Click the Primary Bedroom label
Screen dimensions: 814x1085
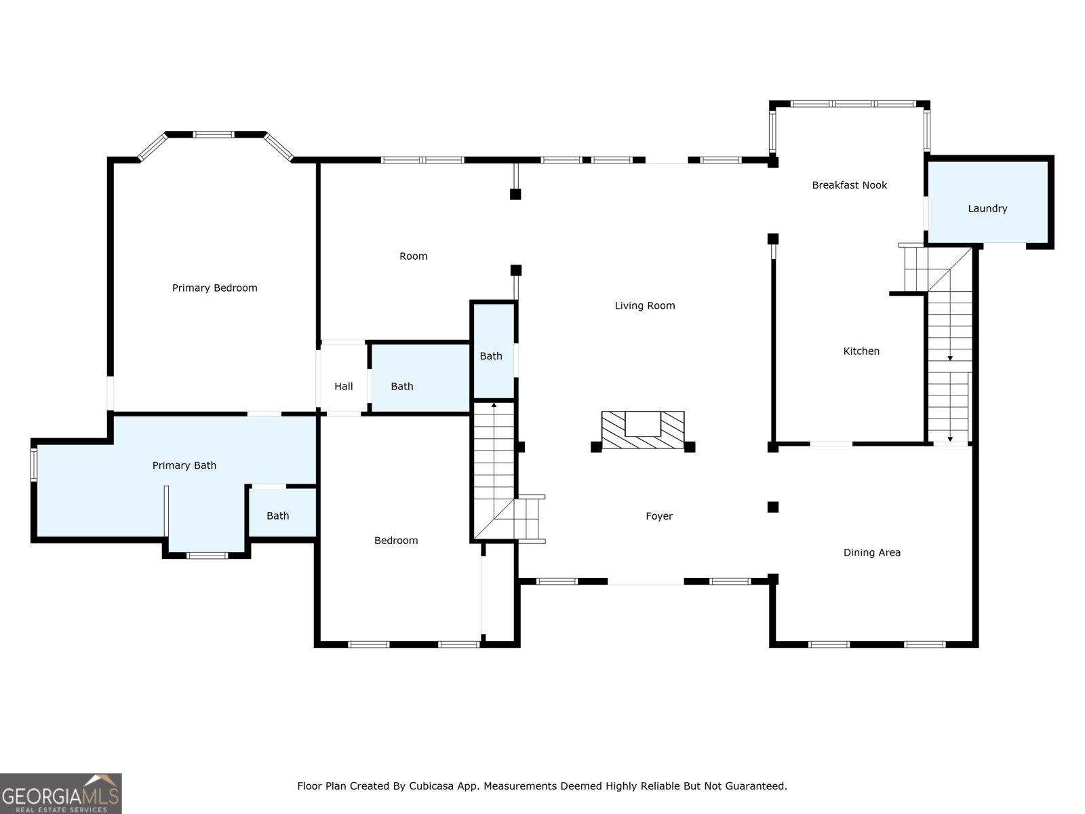pos(214,288)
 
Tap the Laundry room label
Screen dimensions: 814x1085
pos(987,209)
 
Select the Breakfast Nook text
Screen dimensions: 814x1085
pos(849,185)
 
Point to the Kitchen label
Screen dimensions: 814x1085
pos(861,351)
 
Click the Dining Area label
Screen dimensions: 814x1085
pos(871,553)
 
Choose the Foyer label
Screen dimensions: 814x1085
pos(659,516)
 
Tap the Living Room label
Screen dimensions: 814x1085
pos(644,306)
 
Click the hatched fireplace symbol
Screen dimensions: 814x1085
pos(643,430)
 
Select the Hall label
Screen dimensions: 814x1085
pos(343,387)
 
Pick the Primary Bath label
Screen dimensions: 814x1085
pos(184,465)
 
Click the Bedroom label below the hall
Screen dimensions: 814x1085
pos(396,541)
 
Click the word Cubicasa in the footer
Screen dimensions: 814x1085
pos(432,786)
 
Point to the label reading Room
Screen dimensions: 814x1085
pos(413,256)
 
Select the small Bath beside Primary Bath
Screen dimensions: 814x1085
pos(277,516)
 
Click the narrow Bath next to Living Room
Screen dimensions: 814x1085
pos(491,356)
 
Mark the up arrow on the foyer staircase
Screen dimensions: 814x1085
pos(494,406)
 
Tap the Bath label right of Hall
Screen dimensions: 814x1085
pos(401,387)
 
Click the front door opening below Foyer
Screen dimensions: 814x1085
pos(645,581)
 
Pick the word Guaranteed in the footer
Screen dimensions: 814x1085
pos(755,786)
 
